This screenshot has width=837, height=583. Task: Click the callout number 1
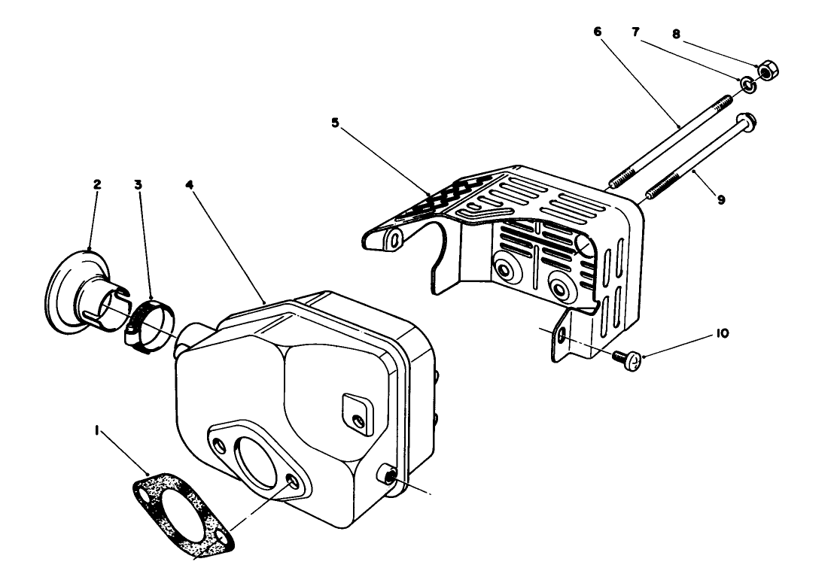click(x=96, y=434)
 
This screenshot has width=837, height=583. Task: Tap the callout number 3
click(x=138, y=184)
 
